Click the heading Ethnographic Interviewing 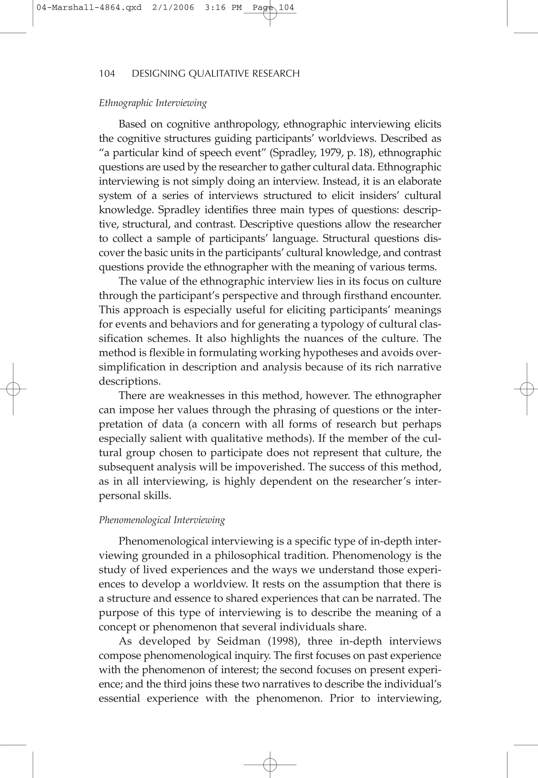153,103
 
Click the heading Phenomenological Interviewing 162,520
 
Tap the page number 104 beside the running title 107,74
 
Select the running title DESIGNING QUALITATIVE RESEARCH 216,74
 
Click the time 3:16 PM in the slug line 223,7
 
